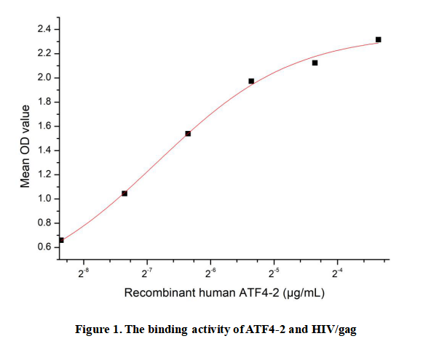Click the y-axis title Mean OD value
click(x=25, y=146)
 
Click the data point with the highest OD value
click(x=379, y=39)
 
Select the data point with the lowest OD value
click(x=61, y=240)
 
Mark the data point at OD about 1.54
click(x=188, y=134)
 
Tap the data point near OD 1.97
click(x=251, y=81)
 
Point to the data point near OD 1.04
click(x=124, y=193)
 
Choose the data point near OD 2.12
click(x=315, y=63)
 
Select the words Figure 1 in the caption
click(x=98, y=329)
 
